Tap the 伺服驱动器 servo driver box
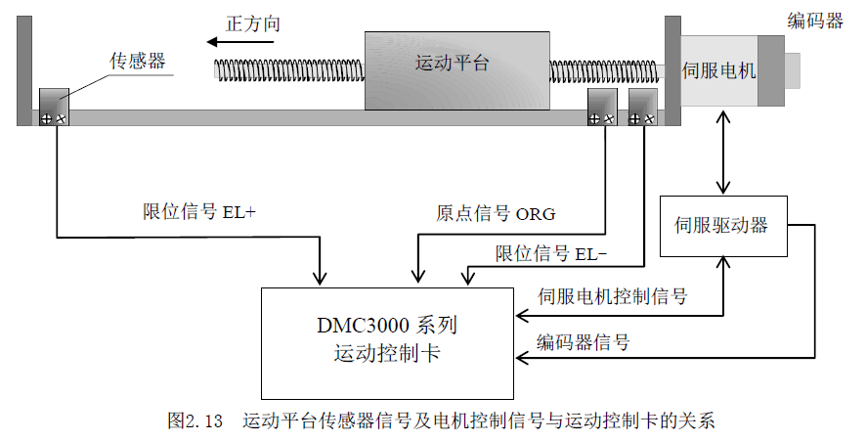[723, 226]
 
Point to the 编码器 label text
[815, 22]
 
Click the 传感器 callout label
[136, 62]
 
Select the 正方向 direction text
[252, 22]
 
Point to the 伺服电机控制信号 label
[612, 295]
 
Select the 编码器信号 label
[584, 342]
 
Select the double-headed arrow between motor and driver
[723, 152]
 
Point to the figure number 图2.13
[196, 421]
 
